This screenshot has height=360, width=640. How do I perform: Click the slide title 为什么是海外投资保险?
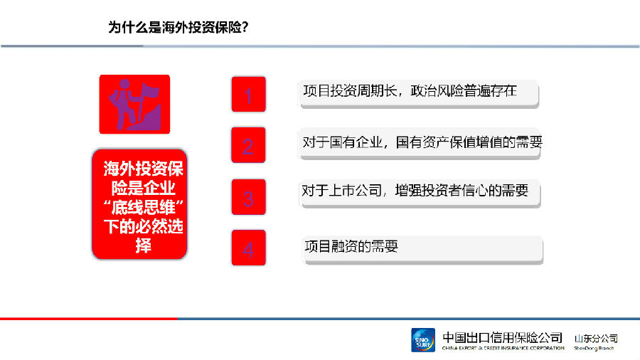178,27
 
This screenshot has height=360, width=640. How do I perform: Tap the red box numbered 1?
249,95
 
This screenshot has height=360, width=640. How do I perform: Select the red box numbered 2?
248,145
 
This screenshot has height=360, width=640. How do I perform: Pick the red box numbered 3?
249,197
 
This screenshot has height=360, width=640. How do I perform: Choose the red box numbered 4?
249,248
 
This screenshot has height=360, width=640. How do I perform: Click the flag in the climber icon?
149,91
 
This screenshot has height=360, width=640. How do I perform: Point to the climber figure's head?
124,84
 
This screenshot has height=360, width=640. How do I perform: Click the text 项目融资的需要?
351,246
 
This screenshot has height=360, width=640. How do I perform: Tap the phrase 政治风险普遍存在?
464,90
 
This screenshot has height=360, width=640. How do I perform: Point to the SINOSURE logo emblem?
423,340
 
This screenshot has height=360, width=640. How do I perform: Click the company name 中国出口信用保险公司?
503,337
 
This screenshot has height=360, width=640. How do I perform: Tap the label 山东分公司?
596,339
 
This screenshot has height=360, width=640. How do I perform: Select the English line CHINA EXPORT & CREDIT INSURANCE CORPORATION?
503,348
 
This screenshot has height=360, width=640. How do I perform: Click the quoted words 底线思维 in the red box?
144,207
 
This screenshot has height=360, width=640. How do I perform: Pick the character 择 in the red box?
143,245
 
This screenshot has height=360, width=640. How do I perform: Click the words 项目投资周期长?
350,90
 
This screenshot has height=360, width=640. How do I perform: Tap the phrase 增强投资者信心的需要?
462,190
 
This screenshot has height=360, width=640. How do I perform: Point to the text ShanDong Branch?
594,348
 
